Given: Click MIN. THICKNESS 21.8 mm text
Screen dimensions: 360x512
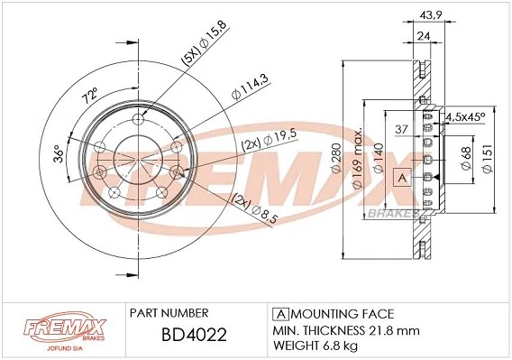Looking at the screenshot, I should (346, 331).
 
